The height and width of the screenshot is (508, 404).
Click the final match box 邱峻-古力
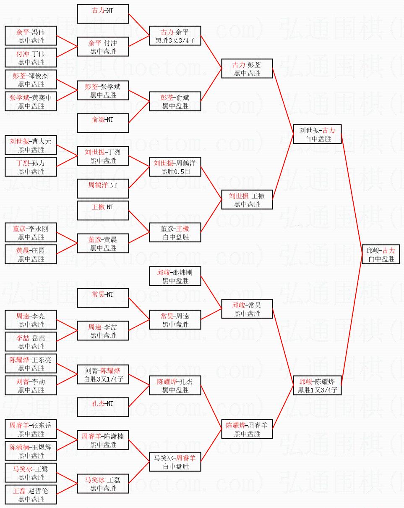tap(381, 254)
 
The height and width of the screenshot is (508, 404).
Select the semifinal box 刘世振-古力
tap(317, 134)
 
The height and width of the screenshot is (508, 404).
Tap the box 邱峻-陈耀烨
tap(317, 385)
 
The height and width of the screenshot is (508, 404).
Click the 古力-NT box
tap(103, 14)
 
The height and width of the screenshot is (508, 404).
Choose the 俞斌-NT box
tap(103, 123)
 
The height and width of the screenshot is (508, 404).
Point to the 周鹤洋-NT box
tap(103, 188)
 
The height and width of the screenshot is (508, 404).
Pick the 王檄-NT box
tap(103, 211)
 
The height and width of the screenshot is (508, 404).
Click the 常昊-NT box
tap(103, 297)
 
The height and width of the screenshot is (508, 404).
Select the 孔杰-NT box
tap(103, 407)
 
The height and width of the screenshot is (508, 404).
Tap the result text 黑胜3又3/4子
tap(175, 40)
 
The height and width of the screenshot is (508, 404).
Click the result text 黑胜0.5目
tap(175, 171)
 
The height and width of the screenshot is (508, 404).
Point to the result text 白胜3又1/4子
tap(104, 379)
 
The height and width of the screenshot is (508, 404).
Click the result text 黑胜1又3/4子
tap(318, 390)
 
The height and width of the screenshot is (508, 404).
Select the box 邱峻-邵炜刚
tap(175, 276)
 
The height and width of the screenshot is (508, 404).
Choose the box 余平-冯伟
tap(31, 36)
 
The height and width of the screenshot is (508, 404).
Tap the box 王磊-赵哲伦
tap(31, 495)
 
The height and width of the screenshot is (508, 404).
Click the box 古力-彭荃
tap(247, 68)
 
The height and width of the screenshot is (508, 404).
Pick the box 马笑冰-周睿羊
tap(175, 462)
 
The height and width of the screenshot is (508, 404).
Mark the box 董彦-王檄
tap(175, 232)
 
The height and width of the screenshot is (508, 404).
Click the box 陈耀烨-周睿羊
tap(247, 429)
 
